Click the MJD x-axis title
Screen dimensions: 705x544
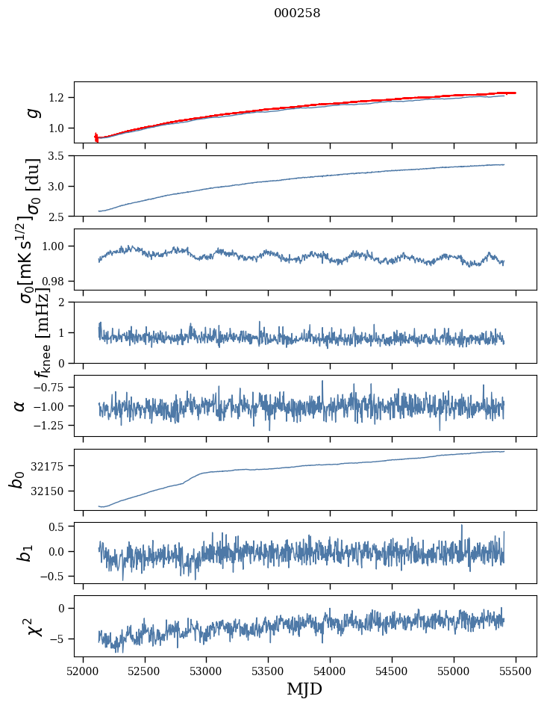(304, 689)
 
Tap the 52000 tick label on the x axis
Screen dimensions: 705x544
(83, 670)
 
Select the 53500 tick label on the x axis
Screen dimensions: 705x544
(268, 670)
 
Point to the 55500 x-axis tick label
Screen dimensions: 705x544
(516, 670)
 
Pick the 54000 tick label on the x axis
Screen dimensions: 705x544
(330, 670)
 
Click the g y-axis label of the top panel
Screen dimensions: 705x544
(32, 112)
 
